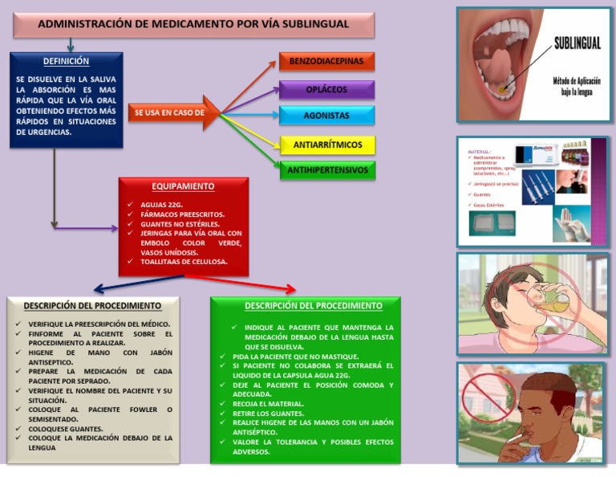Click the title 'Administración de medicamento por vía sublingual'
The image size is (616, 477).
pyautogui.click(x=193, y=24)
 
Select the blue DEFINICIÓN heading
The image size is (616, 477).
pyautogui.click(x=66, y=61)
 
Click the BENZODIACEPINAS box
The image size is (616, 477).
pyautogui.click(x=326, y=61)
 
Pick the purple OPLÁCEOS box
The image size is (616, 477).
pyautogui.click(x=326, y=89)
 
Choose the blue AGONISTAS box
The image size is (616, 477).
pyautogui.click(x=326, y=116)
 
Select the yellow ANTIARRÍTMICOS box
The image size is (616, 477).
pyautogui.click(x=326, y=145)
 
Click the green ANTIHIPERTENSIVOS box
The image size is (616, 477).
pyautogui.click(x=326, y=170)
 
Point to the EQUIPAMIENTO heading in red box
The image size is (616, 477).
pyautogui.click(x=184, y=186)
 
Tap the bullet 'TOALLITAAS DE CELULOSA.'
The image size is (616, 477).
pyautogui.click(x=184, y=262)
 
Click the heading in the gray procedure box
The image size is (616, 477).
pyautogui.click(x=92, y=306)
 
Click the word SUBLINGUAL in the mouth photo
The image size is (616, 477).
pyautogui.click(x=577, y=44)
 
